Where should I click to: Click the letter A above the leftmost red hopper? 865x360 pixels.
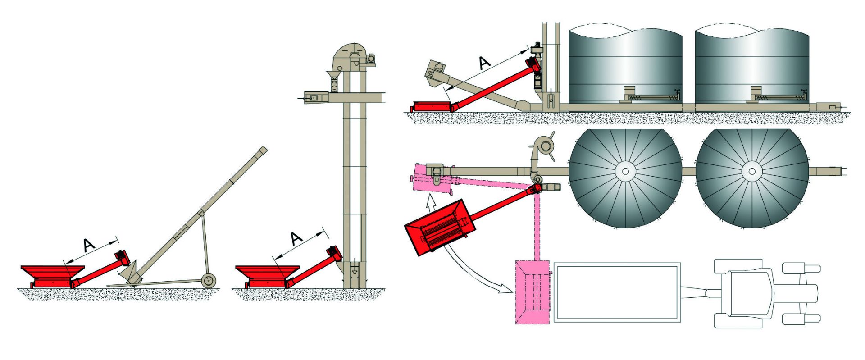pos(89,245)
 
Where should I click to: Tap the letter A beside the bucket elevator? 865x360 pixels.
pos(296,238)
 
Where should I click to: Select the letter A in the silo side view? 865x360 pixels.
pos(484,63)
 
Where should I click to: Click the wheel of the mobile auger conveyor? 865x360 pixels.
pos(208,280)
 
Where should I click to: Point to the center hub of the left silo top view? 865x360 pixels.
pos(625,171)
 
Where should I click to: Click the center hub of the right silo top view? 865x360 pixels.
pos(751,171)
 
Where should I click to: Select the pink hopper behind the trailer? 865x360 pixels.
pos(533,292)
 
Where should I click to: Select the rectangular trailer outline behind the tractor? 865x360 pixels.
pos(616,292)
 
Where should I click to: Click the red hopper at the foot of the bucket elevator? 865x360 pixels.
pos(267,276)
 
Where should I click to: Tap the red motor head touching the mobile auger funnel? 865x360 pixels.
pos(122,257)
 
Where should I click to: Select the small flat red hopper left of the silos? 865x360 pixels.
pos(430,107)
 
